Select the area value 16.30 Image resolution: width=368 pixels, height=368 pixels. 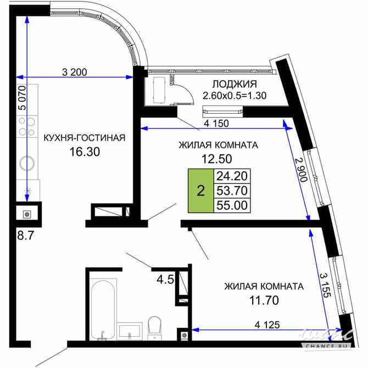[x=84, y=152]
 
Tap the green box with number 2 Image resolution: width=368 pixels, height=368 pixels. [x=200, y=191]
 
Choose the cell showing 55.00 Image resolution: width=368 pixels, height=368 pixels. [x=232, y=205]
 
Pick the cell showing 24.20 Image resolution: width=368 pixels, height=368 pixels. [x=232, y=176]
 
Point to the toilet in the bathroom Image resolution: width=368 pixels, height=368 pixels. [x=154, y=325]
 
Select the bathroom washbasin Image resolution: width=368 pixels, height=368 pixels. [x=130, y=331]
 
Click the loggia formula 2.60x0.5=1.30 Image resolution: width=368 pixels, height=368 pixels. [x=235, y=96]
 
